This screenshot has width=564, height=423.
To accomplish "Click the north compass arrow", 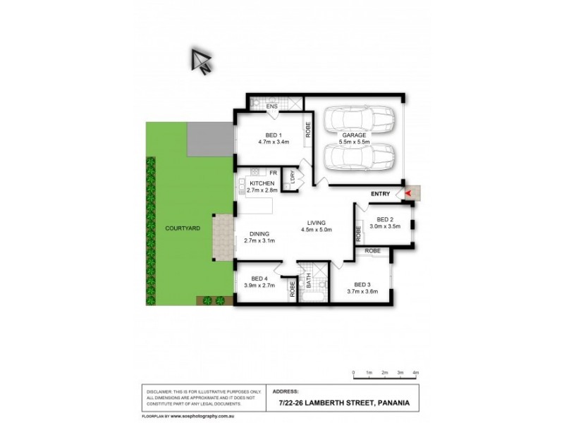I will [201, 61].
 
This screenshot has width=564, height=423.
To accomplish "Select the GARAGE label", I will [354, 135].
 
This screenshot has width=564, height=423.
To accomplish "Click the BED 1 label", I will [274, 135].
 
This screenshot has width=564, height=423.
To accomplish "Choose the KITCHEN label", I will [261, 183].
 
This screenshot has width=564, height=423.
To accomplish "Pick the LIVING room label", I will [317, 223].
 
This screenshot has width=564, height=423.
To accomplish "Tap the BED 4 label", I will [259, 278].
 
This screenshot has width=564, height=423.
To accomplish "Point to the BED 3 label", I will [362, 284].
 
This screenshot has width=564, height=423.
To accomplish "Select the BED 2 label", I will [384, 219].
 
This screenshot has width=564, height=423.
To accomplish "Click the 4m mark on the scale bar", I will [415, 372].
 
